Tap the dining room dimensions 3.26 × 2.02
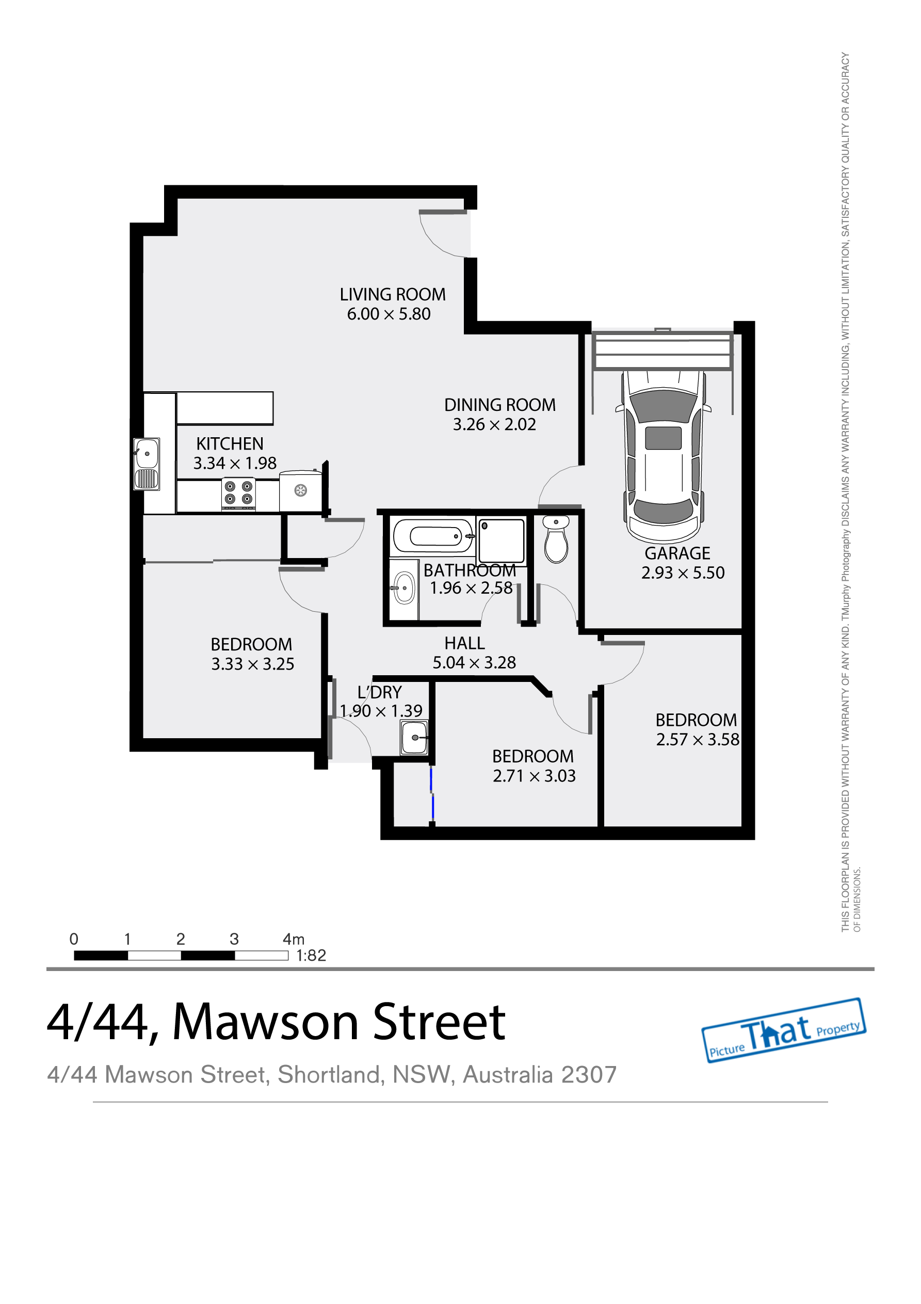pos(494,424)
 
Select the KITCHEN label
pos(230,443)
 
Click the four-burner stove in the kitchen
pos(238,492)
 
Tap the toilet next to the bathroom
pos(556,540)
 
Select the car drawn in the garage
pos(663,454)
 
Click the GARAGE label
pos(677,553)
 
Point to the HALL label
pos(464,643)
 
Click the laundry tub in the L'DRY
pos(414,737)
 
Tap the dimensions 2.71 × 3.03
pos(534,776)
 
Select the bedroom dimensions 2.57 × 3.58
pos(697,739)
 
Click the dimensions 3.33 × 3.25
pos(253,664)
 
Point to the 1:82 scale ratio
pos(311,955)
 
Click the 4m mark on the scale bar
pos(294,939)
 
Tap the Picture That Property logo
pos(784,1031)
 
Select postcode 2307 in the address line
pos(588,1075)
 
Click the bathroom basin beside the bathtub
pos(403,589)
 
